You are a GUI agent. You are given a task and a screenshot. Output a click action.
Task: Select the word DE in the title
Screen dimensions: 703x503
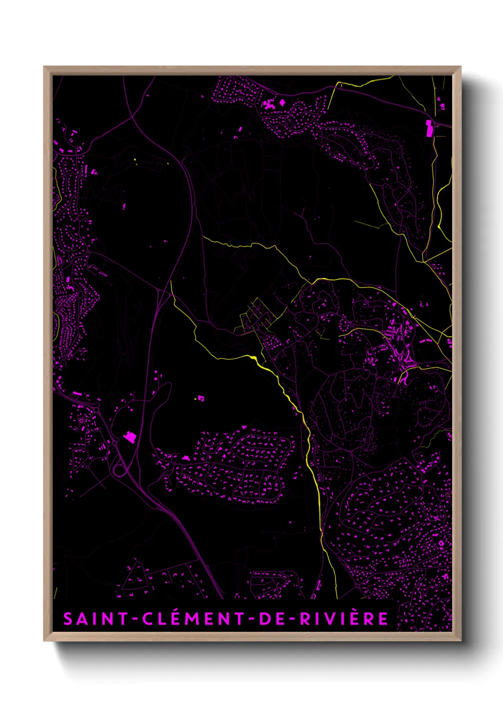(x=269, y=619)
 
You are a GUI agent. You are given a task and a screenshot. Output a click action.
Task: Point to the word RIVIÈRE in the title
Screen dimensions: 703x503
(x=344, y=619)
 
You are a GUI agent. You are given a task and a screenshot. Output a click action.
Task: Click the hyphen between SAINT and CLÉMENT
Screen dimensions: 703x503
(x=135, y=619)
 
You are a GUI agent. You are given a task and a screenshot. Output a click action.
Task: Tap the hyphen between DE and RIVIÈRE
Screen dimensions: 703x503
(x=291, y=619)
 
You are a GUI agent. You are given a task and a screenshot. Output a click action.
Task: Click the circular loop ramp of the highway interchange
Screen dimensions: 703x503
(x=120, y=470)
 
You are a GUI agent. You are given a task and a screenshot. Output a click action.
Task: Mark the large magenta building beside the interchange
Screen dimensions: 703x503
(x=129, y=437)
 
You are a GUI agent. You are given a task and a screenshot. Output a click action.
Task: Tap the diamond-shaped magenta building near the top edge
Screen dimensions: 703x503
(x=282, y=102)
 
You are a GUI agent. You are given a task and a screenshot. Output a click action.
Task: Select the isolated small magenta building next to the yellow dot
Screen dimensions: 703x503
(x=201, y=398)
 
